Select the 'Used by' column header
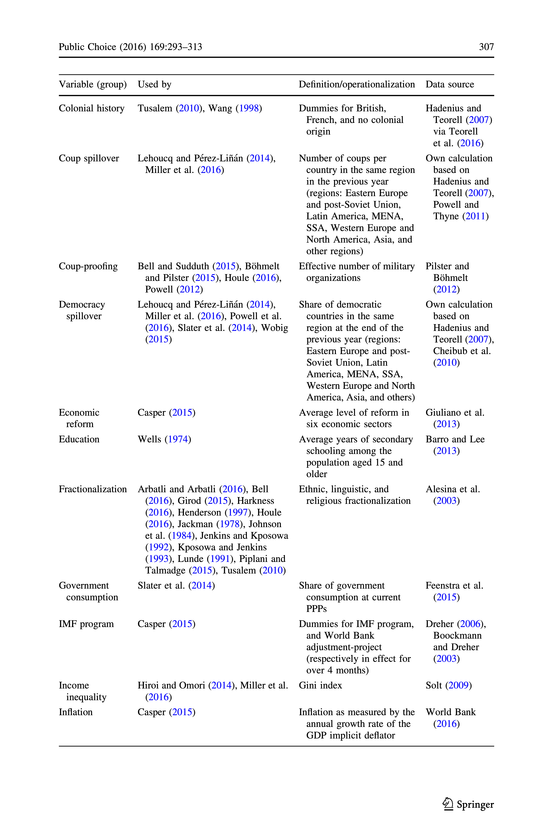154,84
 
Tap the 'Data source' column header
450,84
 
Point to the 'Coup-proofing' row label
88,266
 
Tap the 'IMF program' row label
86,624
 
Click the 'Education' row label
79,439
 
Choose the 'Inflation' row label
76,712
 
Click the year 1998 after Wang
249,108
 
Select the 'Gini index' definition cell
320,686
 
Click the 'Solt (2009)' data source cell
448,686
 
